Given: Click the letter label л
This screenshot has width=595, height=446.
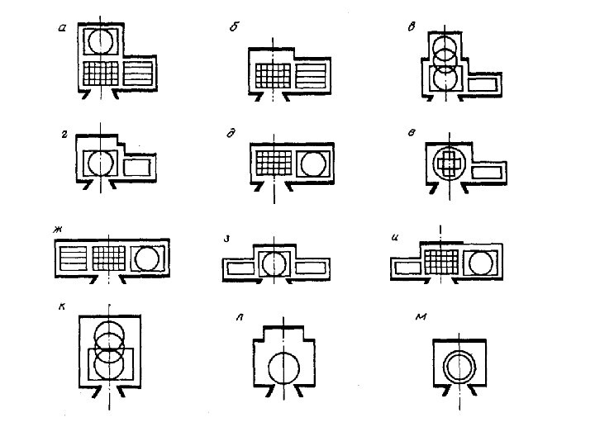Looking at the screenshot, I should [x=240, y=318].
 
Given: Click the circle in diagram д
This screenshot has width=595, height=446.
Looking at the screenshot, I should [x=313, y=163].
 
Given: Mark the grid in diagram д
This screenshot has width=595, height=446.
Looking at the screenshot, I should [x=272, y=160].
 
